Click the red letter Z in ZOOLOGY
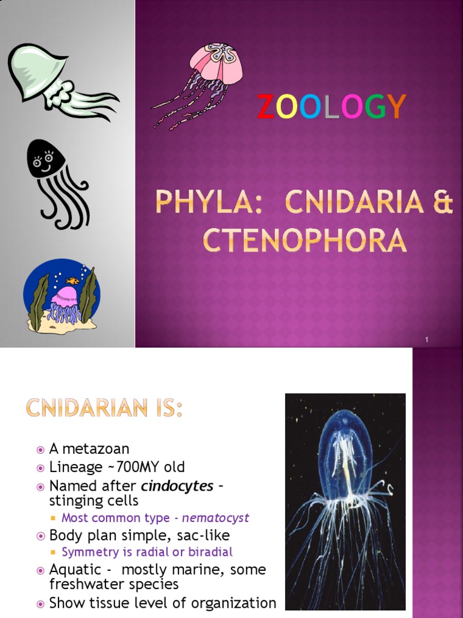(266, 107)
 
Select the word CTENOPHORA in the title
(304, 240)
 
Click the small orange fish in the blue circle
(72, 281)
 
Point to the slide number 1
(426, 340)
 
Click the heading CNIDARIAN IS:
(104, 410)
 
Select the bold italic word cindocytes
(178, 486)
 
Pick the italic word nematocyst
(215, 518)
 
